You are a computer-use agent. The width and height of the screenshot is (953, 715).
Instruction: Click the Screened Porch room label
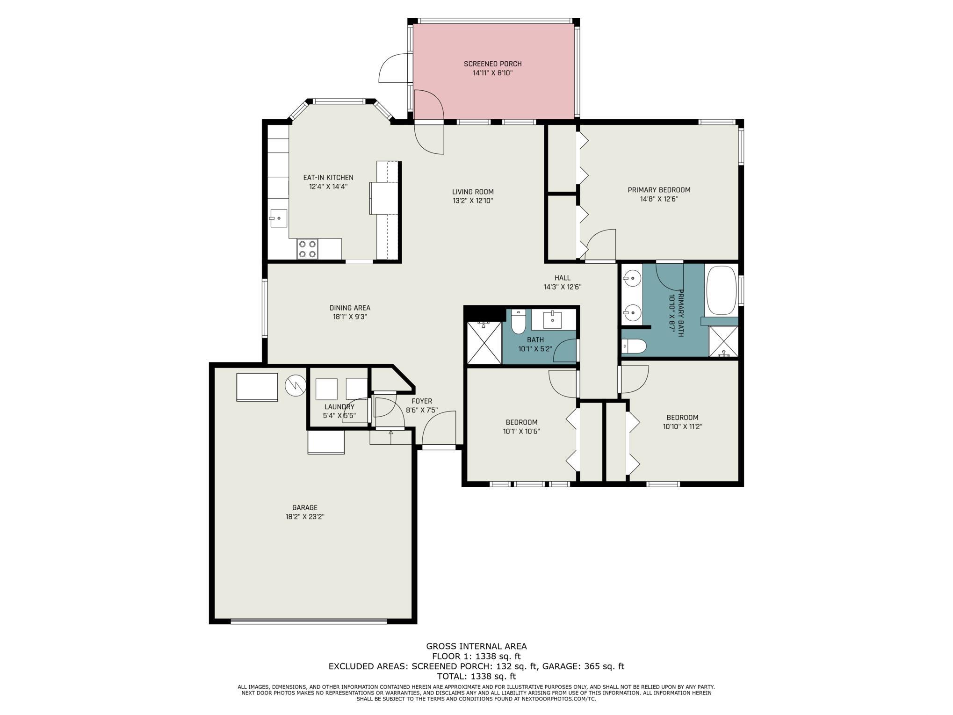[x=492, y=64]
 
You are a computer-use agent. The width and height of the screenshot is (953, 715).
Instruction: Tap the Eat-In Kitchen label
[x=328, y=178]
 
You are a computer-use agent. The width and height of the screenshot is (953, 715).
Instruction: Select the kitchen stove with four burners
[x=307, y=249]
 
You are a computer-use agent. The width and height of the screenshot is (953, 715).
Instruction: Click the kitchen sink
[x=279, y=218]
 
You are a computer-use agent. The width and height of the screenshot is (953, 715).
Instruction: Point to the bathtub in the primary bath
[x=722, y=290]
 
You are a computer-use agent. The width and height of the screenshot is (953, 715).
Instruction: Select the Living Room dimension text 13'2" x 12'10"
[x=473, y=201]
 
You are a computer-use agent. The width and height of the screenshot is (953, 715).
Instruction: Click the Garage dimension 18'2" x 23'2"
[x=305, y=517]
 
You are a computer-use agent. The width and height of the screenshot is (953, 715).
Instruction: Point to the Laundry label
[x=339, y=407]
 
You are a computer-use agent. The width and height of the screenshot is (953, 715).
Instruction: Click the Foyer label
[x=422, y=401]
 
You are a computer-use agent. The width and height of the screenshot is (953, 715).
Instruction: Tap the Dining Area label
[x=350, y=308]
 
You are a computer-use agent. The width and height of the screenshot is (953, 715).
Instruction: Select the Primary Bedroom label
[x=659, y=190]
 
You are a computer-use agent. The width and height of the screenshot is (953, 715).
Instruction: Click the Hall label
[x=563, y=278]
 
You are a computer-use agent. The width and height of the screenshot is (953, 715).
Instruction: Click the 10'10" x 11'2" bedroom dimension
[x=682, y=426]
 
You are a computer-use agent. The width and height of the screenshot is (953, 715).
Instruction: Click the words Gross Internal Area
[x=476, y=646]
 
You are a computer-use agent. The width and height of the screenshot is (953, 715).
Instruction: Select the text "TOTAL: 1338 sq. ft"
[x=476, y=676]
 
